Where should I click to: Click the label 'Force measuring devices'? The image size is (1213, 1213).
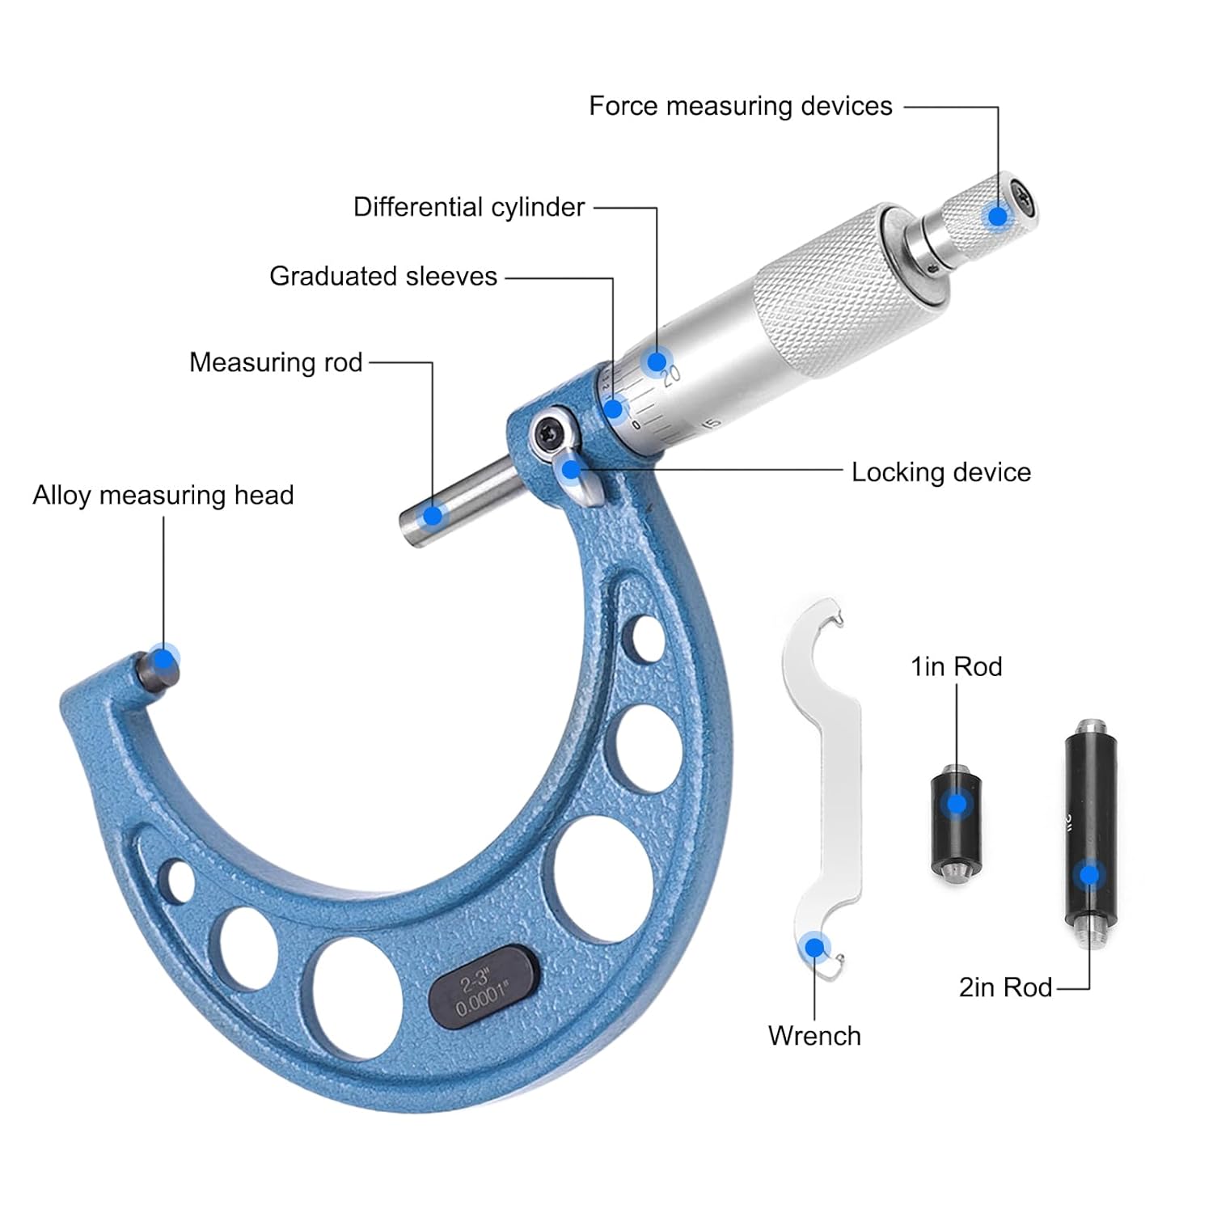click(x=740, y=106)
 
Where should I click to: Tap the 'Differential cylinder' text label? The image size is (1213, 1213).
click(x=468, y=207)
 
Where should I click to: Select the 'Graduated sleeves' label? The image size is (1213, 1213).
click(x=382, y=277)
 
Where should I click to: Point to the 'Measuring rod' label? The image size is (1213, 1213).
click(x=275, y=362)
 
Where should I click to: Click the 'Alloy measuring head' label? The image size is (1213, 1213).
click(x=163, y=495)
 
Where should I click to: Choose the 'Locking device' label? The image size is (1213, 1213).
click(x=940, y=472)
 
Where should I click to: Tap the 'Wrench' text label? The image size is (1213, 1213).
click(x=814, y=1036)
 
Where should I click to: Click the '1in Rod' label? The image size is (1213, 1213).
click(x=956, y=666)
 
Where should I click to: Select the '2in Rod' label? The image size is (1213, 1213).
click(x=1005, y=987)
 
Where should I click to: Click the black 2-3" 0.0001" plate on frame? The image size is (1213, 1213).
click(x=483, y=986)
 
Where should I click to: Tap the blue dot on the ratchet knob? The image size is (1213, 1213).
click(x=998, y=216)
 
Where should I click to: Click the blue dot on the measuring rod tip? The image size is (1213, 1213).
click(x=433, y=514)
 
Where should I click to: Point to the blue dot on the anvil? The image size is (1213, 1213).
click(x=165, y=661)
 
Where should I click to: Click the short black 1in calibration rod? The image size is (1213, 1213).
click(x=957, y=825)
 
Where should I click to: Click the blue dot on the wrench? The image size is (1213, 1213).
click(x=814, y=948)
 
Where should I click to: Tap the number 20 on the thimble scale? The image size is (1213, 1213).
click(x=672, y=374)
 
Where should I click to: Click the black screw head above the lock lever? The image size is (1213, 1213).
click(x=547, y=432)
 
